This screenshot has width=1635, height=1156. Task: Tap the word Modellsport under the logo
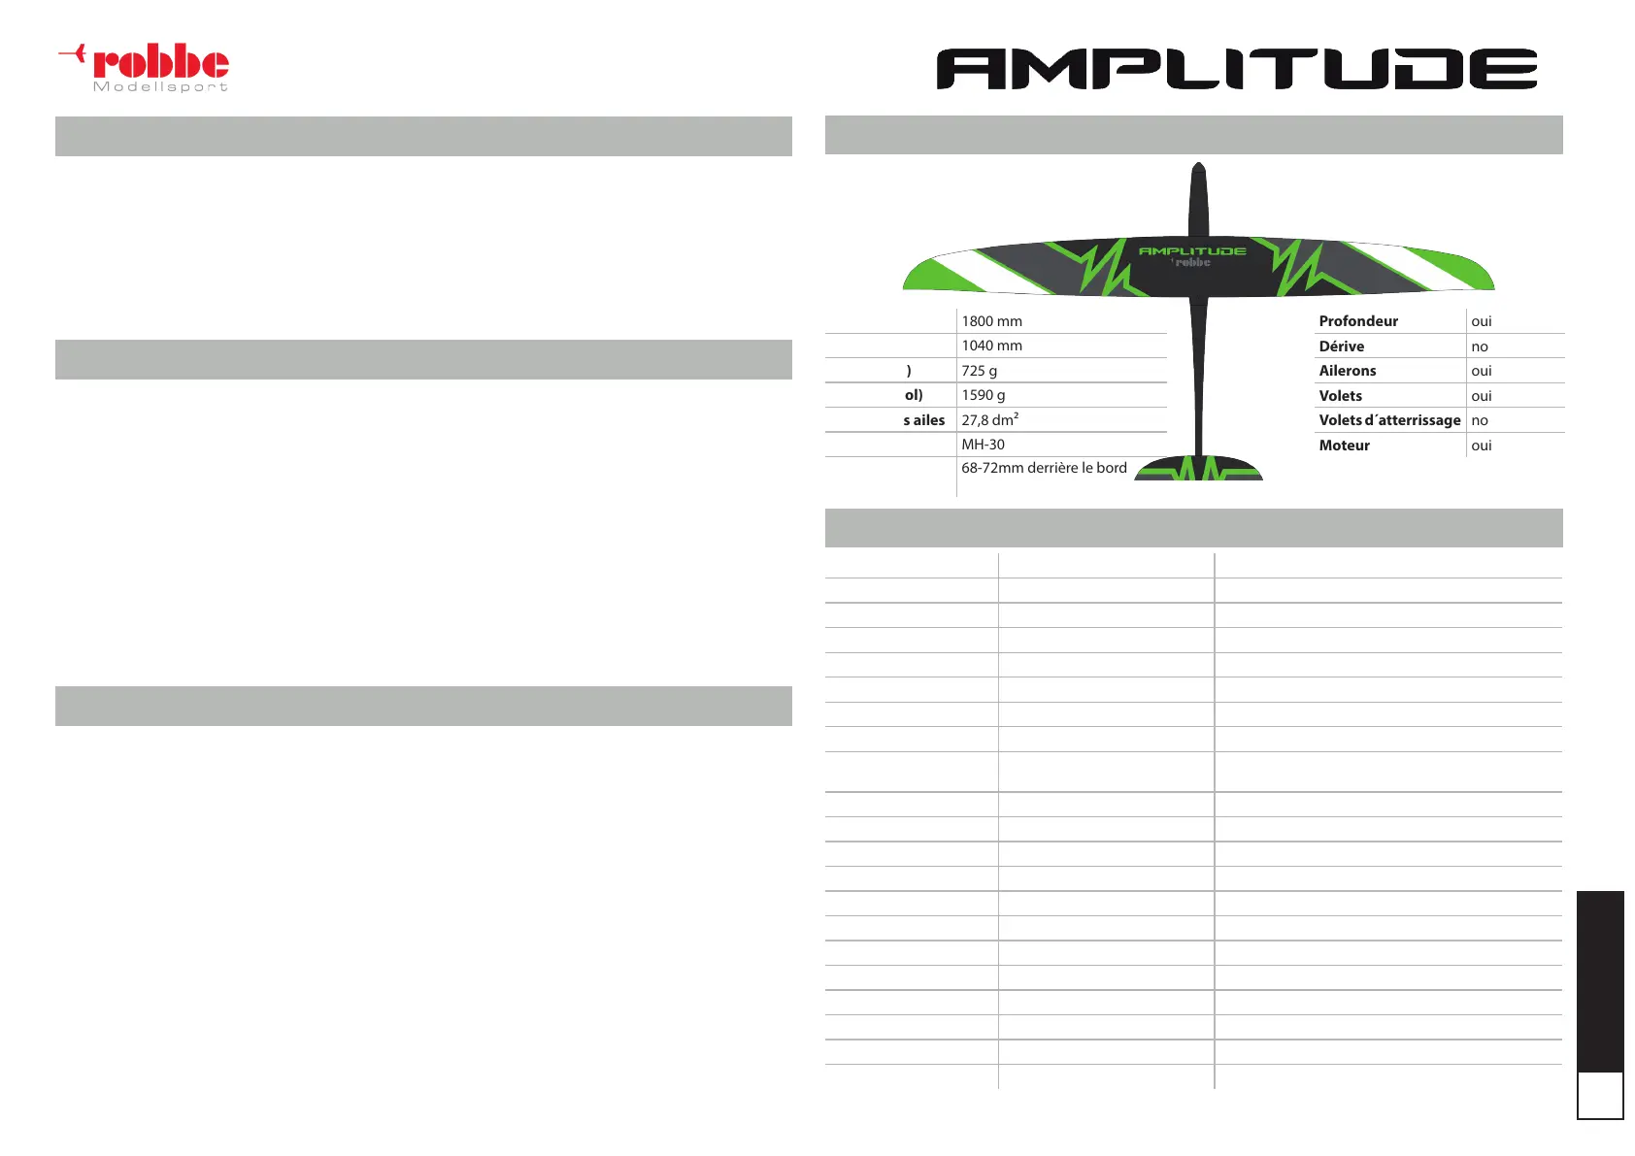click(160, 87)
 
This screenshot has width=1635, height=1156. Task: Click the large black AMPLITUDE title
click(1236, 69)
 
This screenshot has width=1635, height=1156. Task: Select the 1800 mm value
click(991, 321)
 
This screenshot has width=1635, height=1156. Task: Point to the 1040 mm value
click(991, 346)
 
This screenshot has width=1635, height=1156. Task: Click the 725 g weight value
click(979, 371)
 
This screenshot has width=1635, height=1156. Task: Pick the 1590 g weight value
click(983, 395)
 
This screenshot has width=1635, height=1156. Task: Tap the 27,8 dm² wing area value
click(989, 420)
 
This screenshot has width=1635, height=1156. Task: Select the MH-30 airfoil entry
click(983, 445)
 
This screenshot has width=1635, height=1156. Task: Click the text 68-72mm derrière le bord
click(1044, 468)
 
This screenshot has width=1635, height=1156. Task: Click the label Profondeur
click(1358, 321)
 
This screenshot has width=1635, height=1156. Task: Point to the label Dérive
click(1341, 347)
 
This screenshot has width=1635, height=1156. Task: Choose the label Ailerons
click(1347, 371)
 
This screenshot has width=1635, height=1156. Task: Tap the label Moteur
click(1344, 446)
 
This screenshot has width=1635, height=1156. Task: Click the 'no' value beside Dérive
click(1480, 347)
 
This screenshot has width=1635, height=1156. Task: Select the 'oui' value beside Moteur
click(1482, 446)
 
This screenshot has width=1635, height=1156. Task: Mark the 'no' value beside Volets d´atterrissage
click(1480, 420)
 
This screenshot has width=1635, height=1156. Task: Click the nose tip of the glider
click(1199, 168)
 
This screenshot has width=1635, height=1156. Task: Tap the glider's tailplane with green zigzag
click(1199, 469)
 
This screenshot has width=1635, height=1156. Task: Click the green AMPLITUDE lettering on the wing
click(1192, 251)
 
